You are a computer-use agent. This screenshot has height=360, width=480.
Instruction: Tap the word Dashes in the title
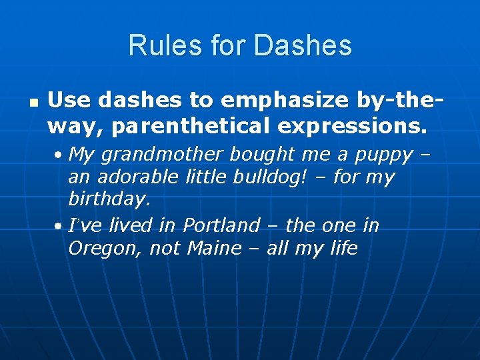point(303,45)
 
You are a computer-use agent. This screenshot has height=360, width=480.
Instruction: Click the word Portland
point(221,225)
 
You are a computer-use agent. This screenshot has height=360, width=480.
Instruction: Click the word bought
point(261,155)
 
